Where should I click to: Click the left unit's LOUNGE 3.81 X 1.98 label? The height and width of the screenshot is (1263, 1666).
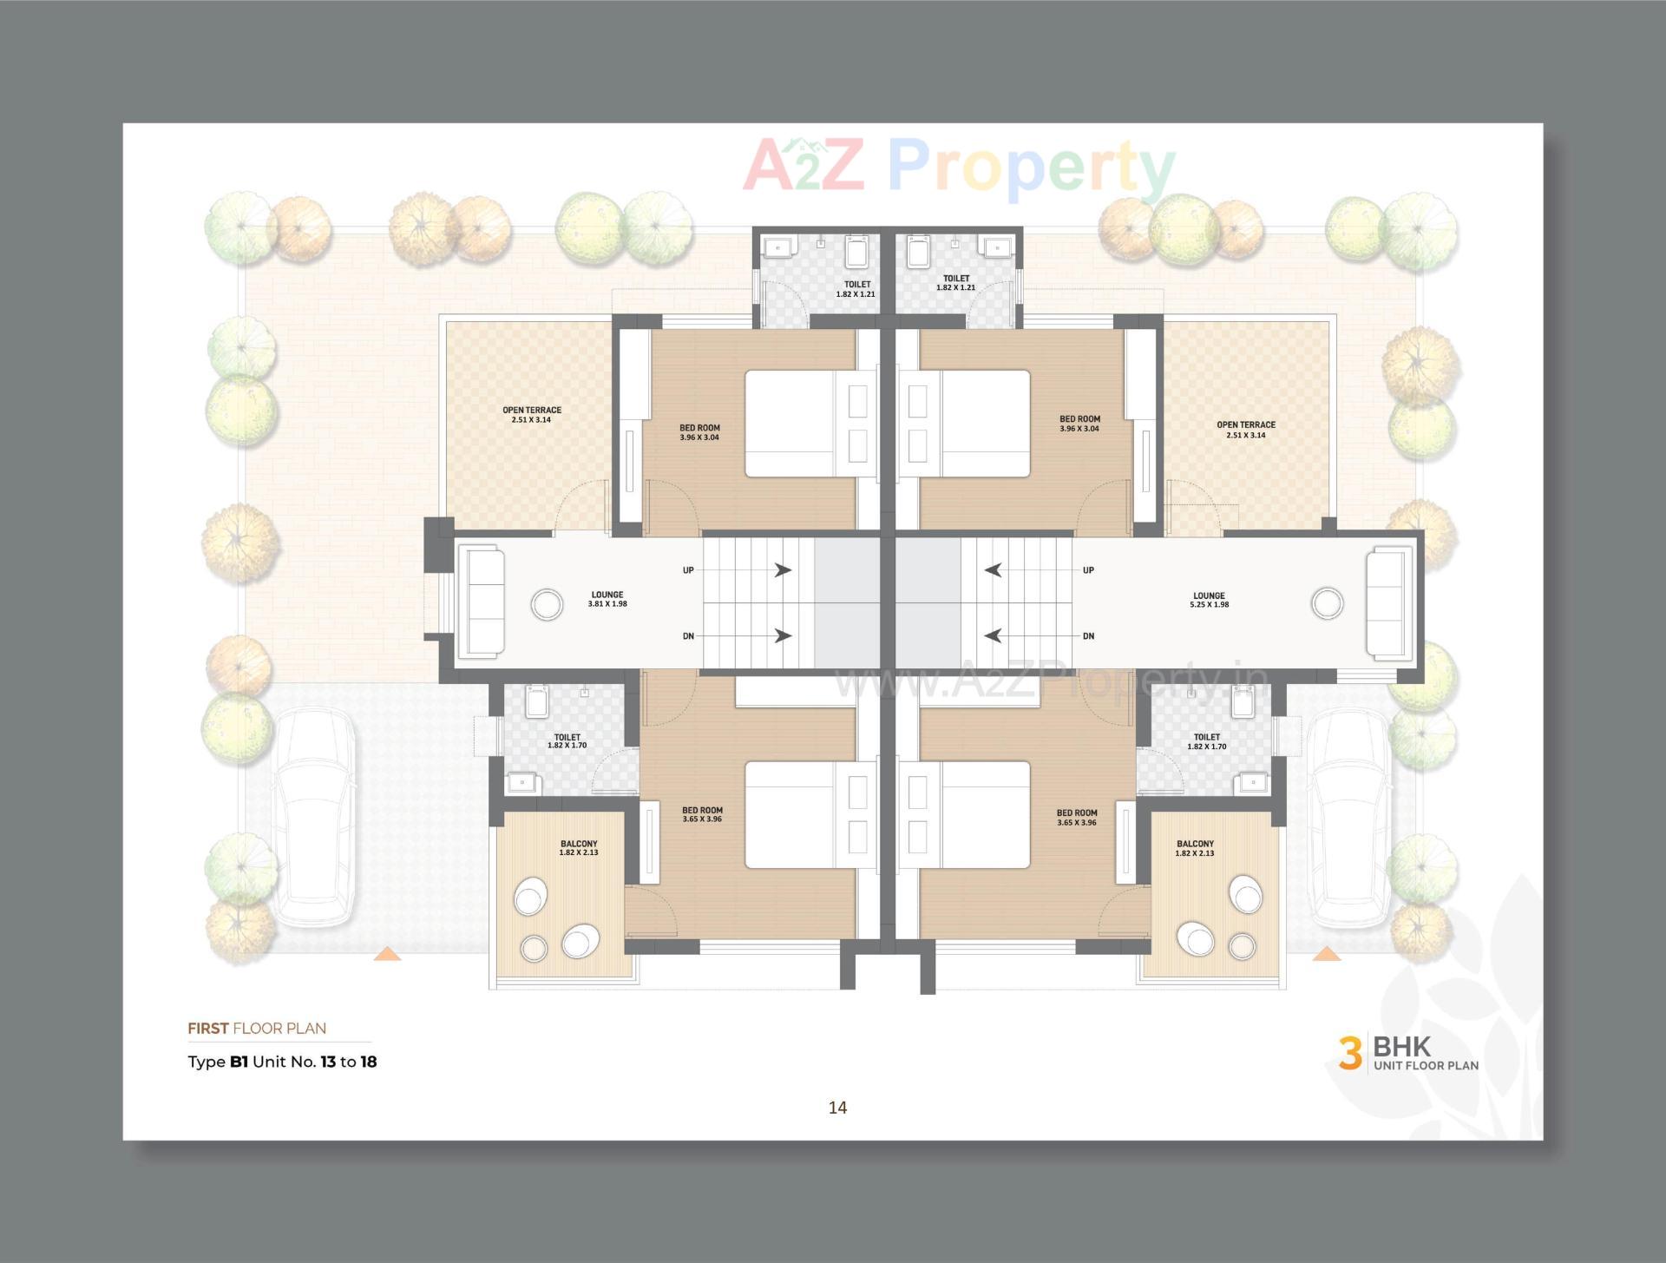(x=607, y=599)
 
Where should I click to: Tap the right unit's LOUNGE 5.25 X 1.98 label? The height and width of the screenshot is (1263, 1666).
(x=1208, y=601)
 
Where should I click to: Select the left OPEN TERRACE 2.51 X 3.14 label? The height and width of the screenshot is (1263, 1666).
(x=531, y=415)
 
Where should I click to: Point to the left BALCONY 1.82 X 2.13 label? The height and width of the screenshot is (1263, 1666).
(x=579, y=848)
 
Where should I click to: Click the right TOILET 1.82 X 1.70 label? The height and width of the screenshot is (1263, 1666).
(x=1206, y=741)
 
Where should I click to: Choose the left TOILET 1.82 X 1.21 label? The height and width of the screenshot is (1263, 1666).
(x=856, y=289)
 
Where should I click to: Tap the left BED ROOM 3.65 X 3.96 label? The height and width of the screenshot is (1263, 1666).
(x=702, y=814)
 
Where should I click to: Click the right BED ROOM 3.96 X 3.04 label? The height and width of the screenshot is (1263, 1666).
(x=1079, y=424)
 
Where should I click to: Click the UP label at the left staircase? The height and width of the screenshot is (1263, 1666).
(x=688, y=570)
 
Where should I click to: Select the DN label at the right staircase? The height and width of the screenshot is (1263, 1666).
(x=1088, y=636)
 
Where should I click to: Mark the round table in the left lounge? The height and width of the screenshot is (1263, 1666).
(x=547, y=604)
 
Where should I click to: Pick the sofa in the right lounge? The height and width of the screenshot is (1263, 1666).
(x=1389, y=604)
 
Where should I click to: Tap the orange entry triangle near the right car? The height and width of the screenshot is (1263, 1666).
(x=1326, y=955)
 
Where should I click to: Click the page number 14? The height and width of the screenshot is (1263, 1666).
(x=837, y=1108)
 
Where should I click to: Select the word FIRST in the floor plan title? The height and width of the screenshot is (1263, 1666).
(x=208, y=1029)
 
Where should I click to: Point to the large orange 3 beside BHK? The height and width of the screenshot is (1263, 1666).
(x=1349, y=1053)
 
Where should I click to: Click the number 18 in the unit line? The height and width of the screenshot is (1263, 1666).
(x=368, y=1062)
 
